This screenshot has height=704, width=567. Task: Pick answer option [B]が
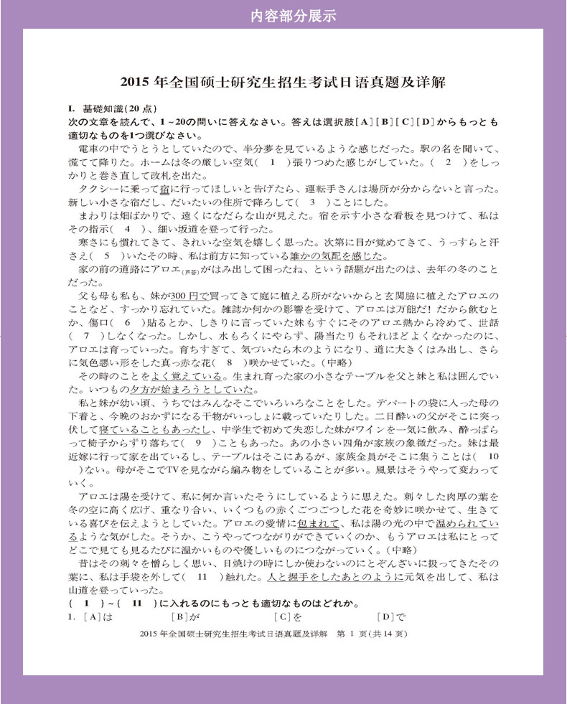[185, 616]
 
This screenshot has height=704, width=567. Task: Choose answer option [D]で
[391, 616]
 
